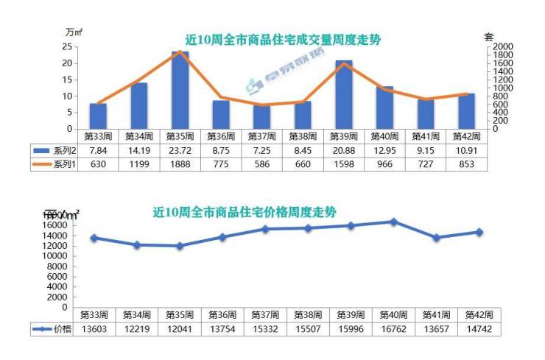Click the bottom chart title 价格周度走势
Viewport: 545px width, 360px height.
(x=245, y=212)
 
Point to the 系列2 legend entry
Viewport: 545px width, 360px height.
(x=55, y=150)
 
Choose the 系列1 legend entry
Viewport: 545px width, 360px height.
(x=55, y=163)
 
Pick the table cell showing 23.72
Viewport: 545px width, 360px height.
(x=180, y=150)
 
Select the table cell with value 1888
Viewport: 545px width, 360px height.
(x=180, y=163)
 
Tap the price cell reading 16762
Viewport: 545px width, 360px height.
(x=394, y=328)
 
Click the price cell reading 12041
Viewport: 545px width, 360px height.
(x=180, y=328)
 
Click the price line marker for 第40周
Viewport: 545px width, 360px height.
(x=394, y=222)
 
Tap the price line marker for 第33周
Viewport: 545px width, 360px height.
(x=94, y=238)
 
